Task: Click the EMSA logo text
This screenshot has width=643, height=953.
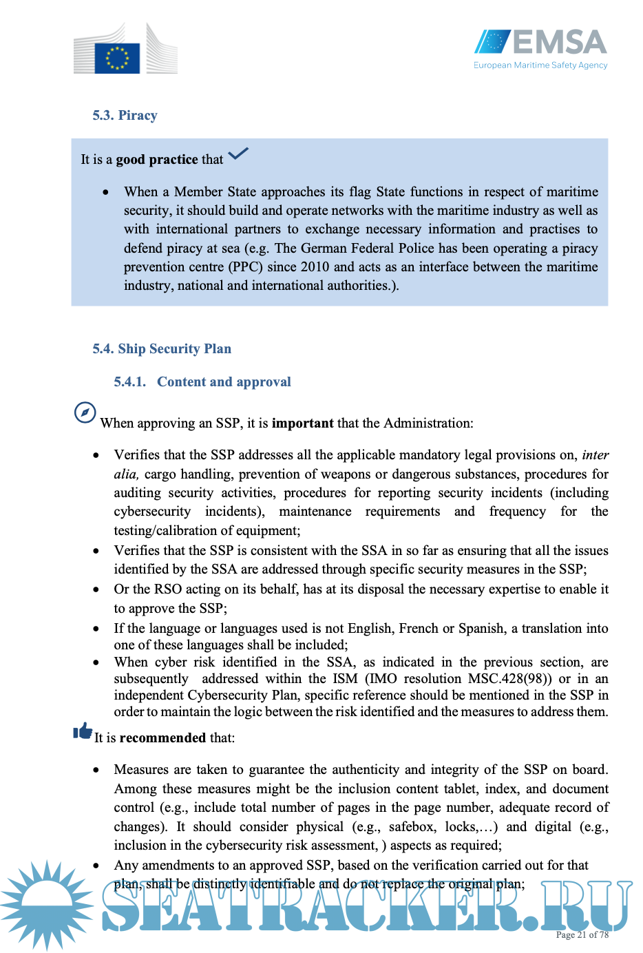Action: pos(559,43)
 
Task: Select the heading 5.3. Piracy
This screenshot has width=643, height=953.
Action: pos(125,116)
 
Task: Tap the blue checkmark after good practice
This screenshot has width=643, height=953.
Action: pos(238,154)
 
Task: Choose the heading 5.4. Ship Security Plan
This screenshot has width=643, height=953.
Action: pos(162,349)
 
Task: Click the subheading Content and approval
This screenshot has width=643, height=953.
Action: pos(224,382)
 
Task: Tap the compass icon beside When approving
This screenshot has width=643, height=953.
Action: pos(85,412)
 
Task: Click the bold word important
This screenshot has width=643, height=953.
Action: pos(302,423)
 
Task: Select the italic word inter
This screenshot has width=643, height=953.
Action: pos(595,455)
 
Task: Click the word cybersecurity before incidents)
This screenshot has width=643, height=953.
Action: pos(152,512)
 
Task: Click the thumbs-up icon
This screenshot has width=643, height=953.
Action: pos(83,731)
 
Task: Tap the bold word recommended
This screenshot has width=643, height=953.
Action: pos(162,738)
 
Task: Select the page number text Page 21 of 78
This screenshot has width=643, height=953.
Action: pos(582,935)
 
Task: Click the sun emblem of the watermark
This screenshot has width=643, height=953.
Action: pos(47,903)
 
